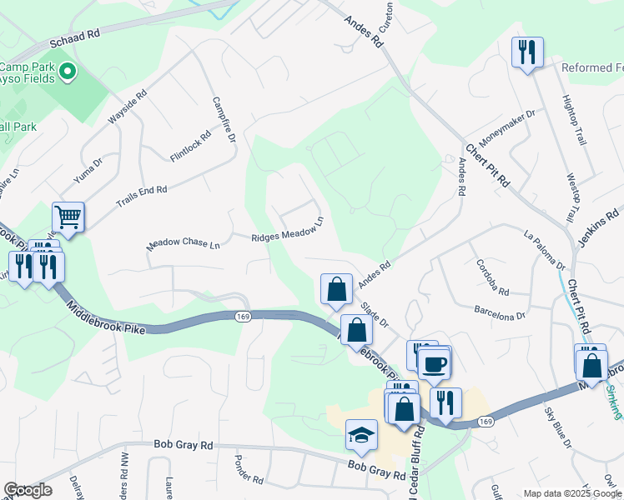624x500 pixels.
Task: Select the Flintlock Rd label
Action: pyautogui.click(x=190, y=145)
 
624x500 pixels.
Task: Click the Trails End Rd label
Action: pyautogui.click(x=142, y=194)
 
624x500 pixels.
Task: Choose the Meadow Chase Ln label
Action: pyautogui.click(x=184, y=244)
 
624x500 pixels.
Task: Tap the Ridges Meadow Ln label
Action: pyautogui.click(x=287, y=232)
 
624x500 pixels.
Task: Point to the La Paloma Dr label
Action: pyautogui.click(x=545, y=251)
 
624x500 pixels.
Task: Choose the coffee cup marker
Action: pyautogui.click(x=434, y=362)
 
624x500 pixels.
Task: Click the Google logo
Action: pyautogui.click(x=28, y=490)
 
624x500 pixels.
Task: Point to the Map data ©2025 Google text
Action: pyautogui.click(x=571, y=493)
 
